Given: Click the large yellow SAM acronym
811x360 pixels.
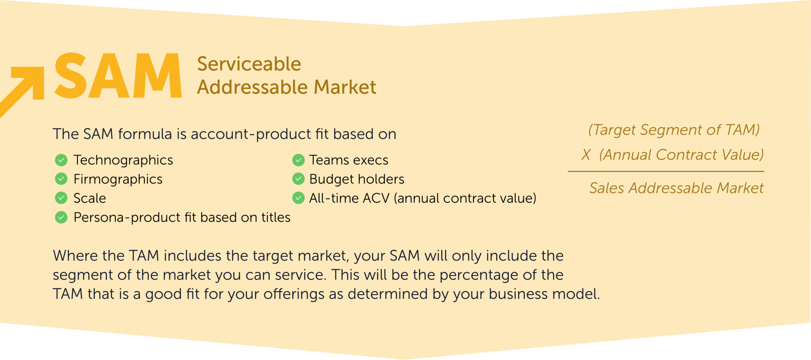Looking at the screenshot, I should coord(118,76).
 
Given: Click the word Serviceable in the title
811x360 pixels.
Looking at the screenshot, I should coord(249,64).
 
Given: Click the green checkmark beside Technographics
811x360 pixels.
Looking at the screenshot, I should coord(61,160).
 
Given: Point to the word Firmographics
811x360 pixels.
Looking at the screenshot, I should coord(118,179).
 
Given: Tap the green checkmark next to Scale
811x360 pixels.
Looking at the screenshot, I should coord(61,198).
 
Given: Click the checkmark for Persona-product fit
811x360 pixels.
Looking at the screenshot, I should coord(61,217).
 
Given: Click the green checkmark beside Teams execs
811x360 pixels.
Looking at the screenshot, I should coord(298,160).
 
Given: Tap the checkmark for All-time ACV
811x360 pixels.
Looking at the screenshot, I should coord(298,198).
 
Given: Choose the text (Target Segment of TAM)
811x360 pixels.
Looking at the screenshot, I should coord(674,130).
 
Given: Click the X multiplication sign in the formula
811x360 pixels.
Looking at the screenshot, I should coord(586,155).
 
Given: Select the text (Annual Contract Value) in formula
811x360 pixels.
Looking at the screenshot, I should coord(681,155).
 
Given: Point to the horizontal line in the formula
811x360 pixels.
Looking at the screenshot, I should coord(666,171).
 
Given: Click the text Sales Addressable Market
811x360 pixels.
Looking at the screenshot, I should coord(676,188).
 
